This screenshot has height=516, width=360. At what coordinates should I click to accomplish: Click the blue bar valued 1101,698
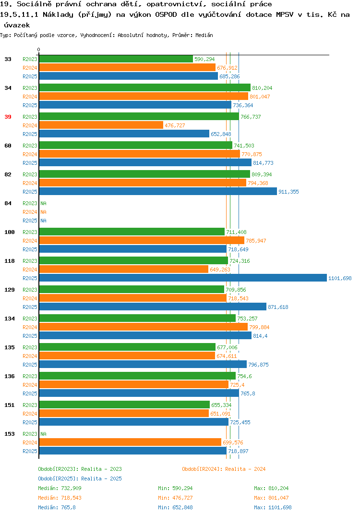tap(183, 278)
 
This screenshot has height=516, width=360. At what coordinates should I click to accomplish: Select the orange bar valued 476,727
tap(101, 125)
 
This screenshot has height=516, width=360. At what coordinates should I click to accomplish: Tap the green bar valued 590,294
tap(116, 59)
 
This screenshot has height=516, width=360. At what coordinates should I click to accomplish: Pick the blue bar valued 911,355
tap(158, 192)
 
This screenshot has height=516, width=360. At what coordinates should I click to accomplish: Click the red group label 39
tap(8, 117)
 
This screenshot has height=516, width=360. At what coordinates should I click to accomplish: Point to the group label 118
tap(10, 261)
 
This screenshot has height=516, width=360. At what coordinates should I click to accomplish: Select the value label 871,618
tap(278, 307)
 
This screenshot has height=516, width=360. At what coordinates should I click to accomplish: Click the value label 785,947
tap(256, 241)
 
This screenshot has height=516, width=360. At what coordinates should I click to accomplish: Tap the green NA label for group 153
tap(43, 434)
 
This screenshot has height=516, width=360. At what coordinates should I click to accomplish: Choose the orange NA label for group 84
tap(43, 212)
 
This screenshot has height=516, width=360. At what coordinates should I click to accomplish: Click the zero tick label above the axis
tap(39, 49)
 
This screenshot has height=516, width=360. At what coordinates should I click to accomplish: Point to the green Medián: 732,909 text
tap(60, 488)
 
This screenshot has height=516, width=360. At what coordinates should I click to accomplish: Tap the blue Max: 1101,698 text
tap(273, 507)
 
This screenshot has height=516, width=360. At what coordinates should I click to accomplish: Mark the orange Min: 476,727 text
tap(175, 498)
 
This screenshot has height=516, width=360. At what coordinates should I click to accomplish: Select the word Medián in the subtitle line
tap(204, 35)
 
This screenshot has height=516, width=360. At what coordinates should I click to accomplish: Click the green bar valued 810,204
tap(145, 87)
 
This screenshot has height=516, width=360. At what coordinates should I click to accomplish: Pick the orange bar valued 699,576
tap(130, 442)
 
